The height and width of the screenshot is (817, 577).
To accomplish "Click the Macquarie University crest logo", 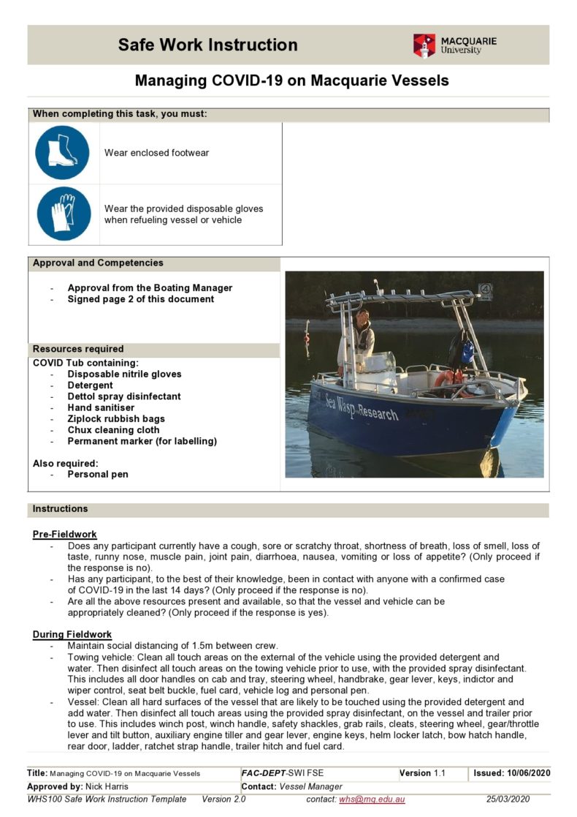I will click(x=424, y=45).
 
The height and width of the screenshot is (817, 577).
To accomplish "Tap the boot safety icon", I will click(x=62, y=153).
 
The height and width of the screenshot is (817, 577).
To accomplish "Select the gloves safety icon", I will click(x=62, y=214).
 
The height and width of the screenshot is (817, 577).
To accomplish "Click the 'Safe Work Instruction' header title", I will click(x=207, y=45).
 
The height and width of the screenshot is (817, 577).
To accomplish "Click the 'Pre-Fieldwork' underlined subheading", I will click(x=64, y=534).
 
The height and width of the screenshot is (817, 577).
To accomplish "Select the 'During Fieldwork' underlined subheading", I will click(x=72, y=634).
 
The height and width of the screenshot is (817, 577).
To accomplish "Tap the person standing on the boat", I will click(x=362, y=333).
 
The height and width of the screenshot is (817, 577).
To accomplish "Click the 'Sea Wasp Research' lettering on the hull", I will click(x=362, y=406).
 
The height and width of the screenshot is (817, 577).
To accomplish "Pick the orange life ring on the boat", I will click(x=447, y=379).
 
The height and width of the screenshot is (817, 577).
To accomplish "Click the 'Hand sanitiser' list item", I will click(x=101, y=407).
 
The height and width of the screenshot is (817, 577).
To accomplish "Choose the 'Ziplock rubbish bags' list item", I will click(x=116, y=419).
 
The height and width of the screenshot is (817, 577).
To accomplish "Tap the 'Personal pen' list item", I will click(x=98, y=474).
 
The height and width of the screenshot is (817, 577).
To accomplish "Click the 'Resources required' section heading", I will click(x=78, y=349).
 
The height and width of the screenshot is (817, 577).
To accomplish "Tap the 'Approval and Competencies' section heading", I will click(x=98, y=263).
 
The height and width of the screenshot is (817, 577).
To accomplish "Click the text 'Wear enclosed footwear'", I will click(x=156, y=153).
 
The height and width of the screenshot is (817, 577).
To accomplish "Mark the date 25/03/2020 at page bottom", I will click(x=508, y=799).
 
